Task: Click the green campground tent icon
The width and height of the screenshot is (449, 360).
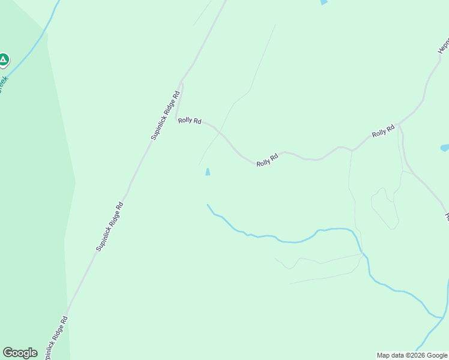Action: tap(4, 59)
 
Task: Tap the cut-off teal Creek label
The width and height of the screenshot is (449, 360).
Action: tap(4, 83)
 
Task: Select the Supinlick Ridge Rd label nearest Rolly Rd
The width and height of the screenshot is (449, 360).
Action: tap(166, 116)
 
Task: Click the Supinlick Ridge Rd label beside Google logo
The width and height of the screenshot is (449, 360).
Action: tap(55, 338)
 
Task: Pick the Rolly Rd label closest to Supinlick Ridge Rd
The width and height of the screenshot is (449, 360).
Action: tap(189, 121)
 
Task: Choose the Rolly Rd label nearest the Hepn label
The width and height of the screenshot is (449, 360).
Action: tap(383, 130)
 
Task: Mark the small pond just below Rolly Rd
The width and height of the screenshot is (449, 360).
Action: tap(208, 172)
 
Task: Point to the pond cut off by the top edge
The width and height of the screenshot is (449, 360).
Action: tap(324, 2)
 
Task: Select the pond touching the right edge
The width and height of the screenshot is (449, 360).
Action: tap(444, 148)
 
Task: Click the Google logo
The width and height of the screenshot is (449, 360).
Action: tap(20, 353)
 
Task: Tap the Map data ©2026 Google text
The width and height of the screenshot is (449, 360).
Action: tap(412, 355)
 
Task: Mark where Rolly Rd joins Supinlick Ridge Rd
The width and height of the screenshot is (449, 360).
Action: tap(178, 118)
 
